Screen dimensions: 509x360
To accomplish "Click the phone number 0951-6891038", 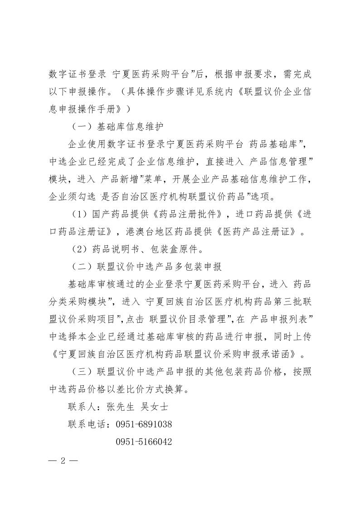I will click(x=144, y=424).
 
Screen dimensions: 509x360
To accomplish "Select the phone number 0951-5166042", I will click(x=144, y=441).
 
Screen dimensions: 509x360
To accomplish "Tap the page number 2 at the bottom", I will click(x=63, y=461).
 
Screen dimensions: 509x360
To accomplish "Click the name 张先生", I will click(x=120, y=407).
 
